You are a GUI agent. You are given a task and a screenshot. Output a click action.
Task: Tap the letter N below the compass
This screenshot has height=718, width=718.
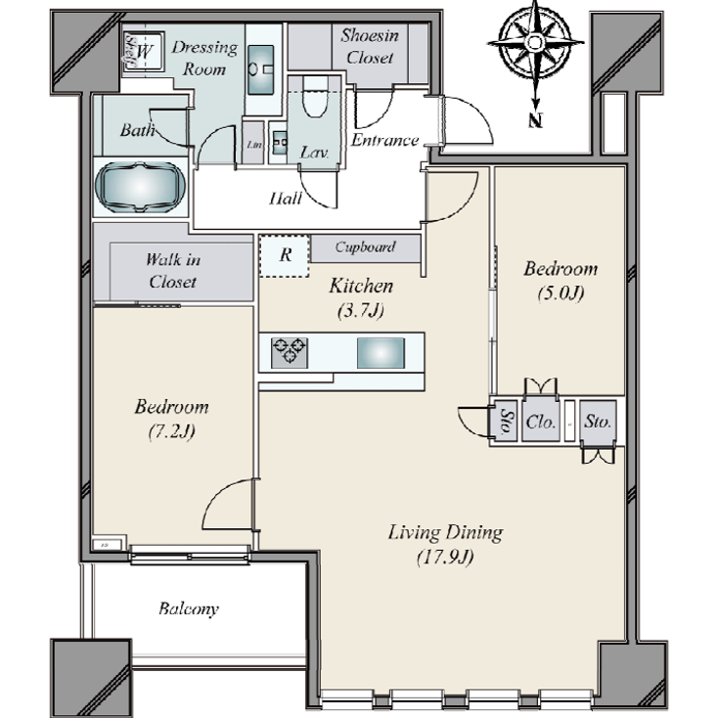pyautogui.click(x=534, y=121)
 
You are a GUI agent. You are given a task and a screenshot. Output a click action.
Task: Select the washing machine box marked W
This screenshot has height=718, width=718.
pyautogui.click(x=143, y=49)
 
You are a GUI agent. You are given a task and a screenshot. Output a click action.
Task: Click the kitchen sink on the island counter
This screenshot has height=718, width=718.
pyautogui.click(x=379, y=351)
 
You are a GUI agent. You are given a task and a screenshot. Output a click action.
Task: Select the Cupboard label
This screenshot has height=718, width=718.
pyautogui.click(x=365, y=247)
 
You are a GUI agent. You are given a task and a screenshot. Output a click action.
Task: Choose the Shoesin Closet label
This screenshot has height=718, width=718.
pyautogui.click(x=368, y=46)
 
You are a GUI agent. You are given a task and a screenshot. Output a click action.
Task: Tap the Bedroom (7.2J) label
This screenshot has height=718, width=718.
pyautogui.click(x=171, y=418)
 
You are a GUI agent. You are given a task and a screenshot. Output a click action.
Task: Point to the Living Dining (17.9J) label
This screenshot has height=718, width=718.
pyautogui.click(x=445, y=544)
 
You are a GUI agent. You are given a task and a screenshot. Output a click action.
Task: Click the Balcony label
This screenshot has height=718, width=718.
pyautogui.click(x=188, y=609)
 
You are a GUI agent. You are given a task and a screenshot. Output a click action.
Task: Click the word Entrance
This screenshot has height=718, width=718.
pyautogui.click(x=384, y=140)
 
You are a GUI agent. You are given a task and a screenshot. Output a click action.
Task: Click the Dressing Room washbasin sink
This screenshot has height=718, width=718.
pyautogui.click(x=262, y=71)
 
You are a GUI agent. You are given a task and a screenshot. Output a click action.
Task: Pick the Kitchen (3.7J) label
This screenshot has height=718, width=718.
pyautogui.click(x=360, y=296)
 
